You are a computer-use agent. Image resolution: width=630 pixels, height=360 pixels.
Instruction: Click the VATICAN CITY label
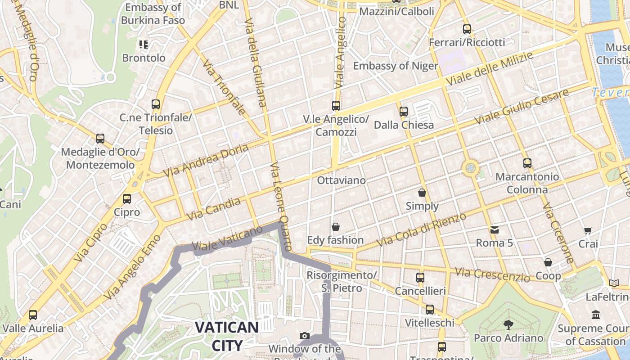(226, 336)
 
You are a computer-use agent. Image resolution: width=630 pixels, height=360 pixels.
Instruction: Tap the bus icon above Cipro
(127, 198)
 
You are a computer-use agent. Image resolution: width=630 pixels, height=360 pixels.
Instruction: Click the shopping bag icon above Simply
(422, 193)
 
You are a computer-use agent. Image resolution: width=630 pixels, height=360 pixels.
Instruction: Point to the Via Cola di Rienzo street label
(422, 229)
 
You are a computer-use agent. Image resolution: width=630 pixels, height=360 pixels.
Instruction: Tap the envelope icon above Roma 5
(495, 230)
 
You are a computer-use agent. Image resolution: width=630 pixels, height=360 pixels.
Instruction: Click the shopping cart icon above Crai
(588, 231)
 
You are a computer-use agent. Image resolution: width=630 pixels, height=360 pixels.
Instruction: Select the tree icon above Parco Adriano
(508, 324)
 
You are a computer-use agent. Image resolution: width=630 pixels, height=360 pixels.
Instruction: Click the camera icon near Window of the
(305, 336)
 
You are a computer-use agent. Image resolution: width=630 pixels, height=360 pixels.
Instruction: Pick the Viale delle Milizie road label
(489, 69)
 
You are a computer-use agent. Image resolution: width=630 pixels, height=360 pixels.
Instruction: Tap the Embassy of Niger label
(395, 66)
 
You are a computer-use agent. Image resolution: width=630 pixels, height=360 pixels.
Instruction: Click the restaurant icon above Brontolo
(144, 45)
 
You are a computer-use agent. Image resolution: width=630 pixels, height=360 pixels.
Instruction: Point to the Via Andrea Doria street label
(206, 161)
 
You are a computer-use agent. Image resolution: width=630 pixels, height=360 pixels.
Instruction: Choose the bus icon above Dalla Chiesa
(404, 111)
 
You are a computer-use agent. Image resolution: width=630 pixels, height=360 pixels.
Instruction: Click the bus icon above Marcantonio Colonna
(527, 163)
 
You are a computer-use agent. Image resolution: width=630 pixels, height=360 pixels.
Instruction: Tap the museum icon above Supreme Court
(596, 315)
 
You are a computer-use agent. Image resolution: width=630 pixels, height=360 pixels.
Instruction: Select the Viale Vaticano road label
(227, 239)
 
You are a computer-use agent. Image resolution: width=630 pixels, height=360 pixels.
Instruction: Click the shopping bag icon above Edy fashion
(335, 226)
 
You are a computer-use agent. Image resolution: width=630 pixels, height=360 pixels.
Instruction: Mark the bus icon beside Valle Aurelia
(33, 315)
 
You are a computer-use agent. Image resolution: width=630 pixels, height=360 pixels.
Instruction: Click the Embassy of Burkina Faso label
(153, 14)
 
